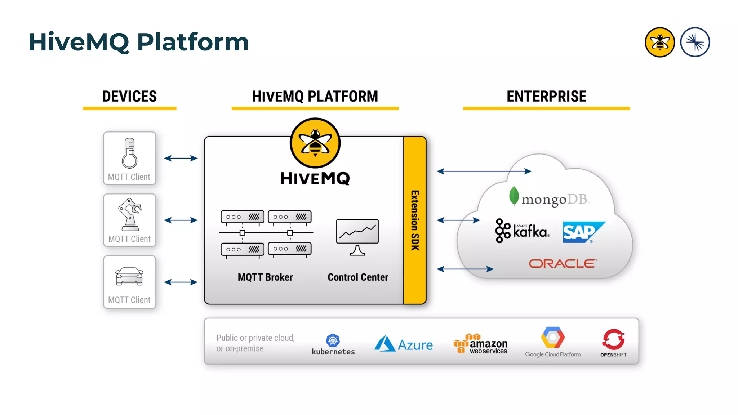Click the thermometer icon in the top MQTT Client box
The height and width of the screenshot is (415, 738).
click(x=129, y=153)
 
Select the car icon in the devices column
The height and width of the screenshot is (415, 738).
click(x=129, y=277)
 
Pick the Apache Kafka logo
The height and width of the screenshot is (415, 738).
click(x=523, y=231)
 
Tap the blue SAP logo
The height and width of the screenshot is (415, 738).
click(x=583, y=232)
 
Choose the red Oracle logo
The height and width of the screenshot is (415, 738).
click(x=563, y=264)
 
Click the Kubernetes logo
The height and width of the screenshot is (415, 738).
click(x=333, y=344)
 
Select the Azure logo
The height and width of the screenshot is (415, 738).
click(x=404, y=344)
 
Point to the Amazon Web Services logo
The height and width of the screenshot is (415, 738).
click(x=481, y=344)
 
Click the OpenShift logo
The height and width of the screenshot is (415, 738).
click(x=613, y=343)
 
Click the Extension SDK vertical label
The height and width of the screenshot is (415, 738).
click(x=415, y=220)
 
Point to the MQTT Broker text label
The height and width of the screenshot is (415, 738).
click(x=265, y=277)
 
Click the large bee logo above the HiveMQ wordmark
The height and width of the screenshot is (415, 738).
click(x=315, y=143)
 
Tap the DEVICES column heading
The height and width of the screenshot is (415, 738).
click(x=130, y=97)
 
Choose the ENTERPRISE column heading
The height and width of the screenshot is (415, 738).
click(x=546, y=97)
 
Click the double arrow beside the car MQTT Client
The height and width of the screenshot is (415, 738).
click(x=181, y=282)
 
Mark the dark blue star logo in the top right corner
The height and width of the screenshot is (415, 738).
click(x=695, y=42)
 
